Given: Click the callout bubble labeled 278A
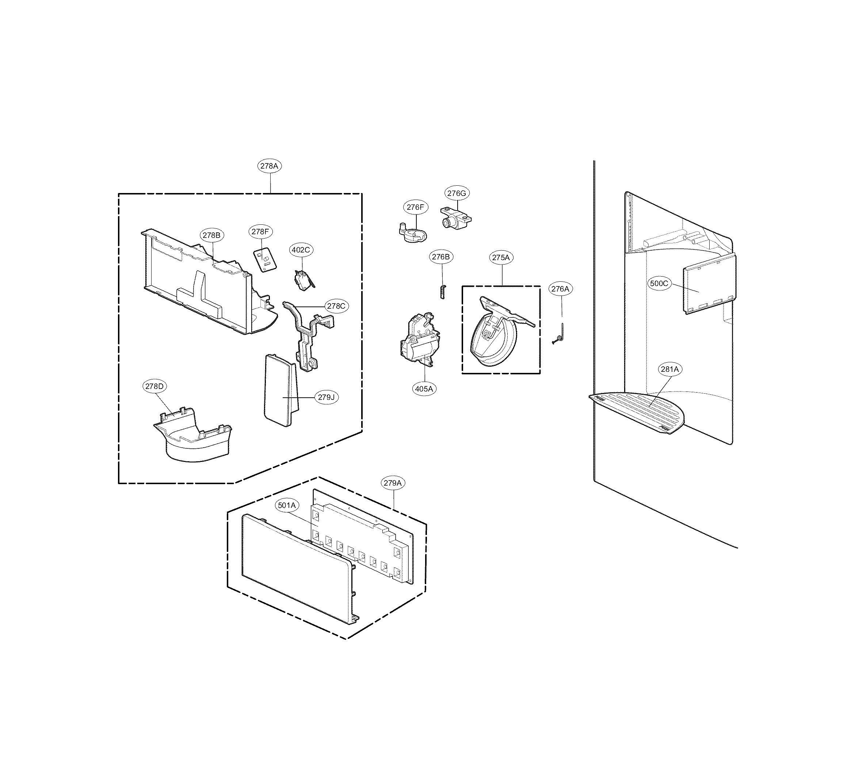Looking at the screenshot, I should (x=269, y=166).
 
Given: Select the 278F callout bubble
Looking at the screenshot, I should (x=260, y=231).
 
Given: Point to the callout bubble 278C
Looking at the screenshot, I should (x=336, y=306).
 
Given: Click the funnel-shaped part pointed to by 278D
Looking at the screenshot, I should (x=193, y=439).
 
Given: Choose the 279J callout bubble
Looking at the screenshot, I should (x=326, y=397).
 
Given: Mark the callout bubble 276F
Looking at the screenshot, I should (x=415, y=207).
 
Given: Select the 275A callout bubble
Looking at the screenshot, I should (x=501, y=257).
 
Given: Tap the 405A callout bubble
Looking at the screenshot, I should (x=424, y=389).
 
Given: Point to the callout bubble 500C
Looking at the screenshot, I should (x=658, y=283).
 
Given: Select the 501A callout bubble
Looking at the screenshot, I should (x=287, y=505).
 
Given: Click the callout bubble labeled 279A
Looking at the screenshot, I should (x=392, y=483).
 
